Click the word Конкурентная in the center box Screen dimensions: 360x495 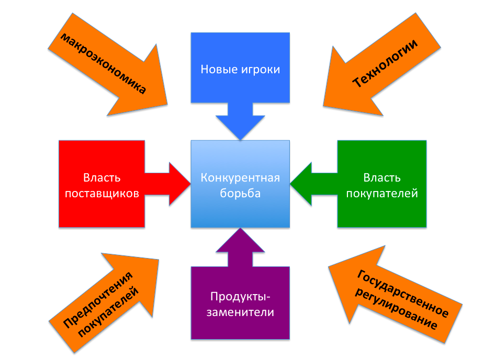pyautogui.click(x=240, y=177)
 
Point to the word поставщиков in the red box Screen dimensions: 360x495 pyautogui.click(x=101, y=193)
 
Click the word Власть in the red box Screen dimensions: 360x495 pyautogui.click(x=101, y=177)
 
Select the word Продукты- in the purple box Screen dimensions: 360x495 pyautogui.click(x=241, y=297)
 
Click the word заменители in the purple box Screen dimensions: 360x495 pyautogui.click(x=241, y=312)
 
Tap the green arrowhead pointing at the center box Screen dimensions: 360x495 pyautogui.click(x=301, y=183)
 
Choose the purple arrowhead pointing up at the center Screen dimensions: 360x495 pyautogui.click(x=240, y=241)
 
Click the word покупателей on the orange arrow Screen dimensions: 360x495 pyautogui.click(x=111, y=313)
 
